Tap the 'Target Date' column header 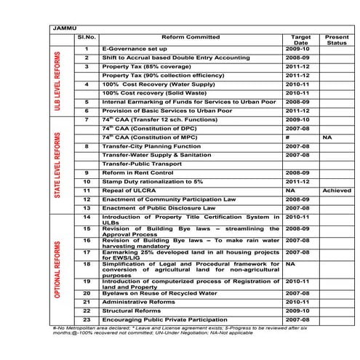300,40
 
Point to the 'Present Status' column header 337,40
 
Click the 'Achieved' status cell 337,190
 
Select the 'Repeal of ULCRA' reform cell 131,190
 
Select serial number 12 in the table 87,199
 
